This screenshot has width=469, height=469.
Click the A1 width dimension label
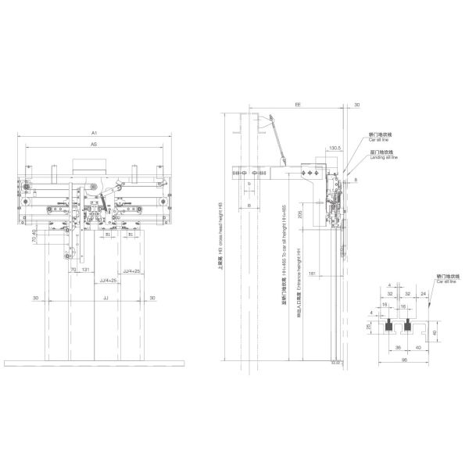point(95,134)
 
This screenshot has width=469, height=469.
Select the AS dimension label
point(95,145)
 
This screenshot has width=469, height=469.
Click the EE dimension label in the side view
point(299,103)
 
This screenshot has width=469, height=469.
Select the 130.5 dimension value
point(335,147)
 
